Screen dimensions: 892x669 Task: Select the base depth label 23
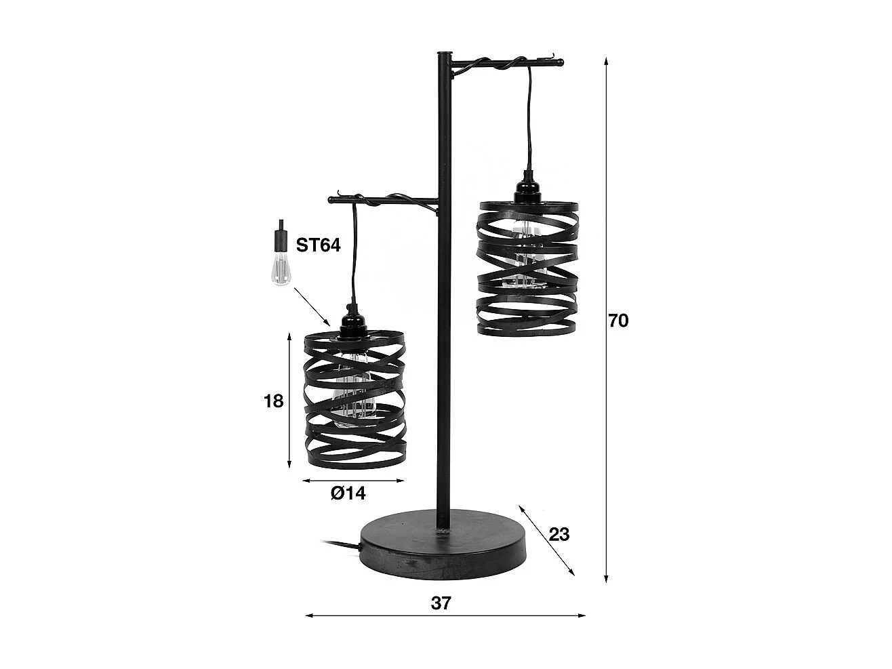click(559, 535)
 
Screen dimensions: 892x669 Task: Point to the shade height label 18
click(273, 401)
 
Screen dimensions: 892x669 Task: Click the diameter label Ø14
click(348, 493)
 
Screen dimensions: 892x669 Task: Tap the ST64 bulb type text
click(318, 245)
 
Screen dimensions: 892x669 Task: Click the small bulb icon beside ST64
click(279, 254)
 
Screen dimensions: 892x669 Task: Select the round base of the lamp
click(443, 552)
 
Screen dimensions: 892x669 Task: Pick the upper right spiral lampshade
click(528, 268)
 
